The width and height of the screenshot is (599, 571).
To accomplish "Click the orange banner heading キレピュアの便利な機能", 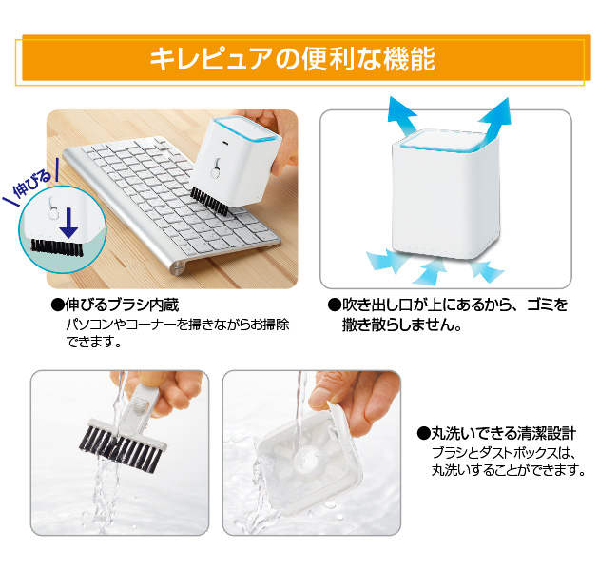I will point(292,60).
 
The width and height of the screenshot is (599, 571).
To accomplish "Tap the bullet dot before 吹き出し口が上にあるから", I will point(333,305).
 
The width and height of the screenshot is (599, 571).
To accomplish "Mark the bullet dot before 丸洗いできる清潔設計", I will point(424,433).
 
